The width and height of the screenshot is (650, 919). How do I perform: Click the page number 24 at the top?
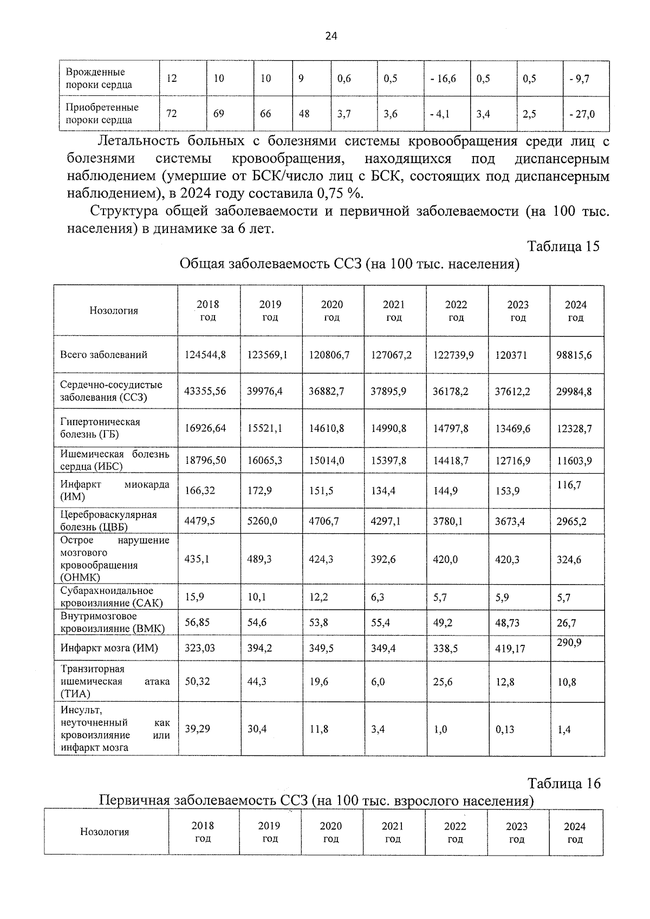click(331, 36)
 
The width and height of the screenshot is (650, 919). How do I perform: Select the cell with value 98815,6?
click(574, 355)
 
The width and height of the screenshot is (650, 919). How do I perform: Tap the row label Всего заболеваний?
click(104, 355)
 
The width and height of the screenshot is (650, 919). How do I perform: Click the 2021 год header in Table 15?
click(394, 311)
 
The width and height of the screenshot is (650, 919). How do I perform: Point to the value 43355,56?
click(205, 391)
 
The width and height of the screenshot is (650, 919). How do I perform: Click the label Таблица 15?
click(563, 246)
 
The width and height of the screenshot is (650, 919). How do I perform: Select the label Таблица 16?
click(564, 784)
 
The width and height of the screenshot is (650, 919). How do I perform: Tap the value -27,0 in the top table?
click(582, 114)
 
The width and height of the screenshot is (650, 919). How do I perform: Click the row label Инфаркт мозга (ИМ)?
click(109, 648)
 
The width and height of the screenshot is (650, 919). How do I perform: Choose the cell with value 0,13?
click(505, 729)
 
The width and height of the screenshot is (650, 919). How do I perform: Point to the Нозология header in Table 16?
click(105, 832)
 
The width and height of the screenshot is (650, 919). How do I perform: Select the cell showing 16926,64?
click(205, 428)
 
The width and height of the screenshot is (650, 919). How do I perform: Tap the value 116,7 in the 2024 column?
click(569, 485)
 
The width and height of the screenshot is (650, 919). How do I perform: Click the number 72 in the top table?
click(172, 114)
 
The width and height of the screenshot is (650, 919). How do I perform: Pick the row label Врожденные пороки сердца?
click(99, 79)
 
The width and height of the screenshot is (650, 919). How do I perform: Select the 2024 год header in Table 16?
click(575, 833)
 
